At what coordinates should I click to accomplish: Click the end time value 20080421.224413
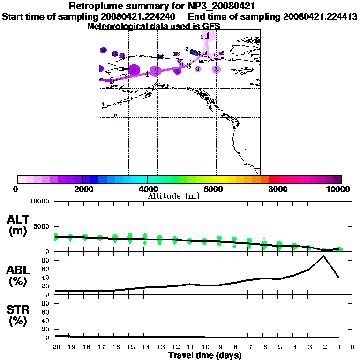tap(320, 16)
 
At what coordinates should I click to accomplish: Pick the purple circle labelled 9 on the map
tap(104, 51)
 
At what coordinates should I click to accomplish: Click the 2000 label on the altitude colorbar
tap(82, 189)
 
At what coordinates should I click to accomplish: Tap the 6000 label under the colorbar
tap(212, 189)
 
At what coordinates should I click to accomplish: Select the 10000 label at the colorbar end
tap(338, 189)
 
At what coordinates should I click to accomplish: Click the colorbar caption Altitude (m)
tap(173, 196)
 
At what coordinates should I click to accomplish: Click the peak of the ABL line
tap(323, 256)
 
